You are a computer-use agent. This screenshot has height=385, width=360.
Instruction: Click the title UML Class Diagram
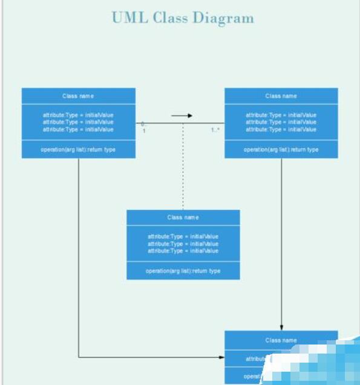(x=183, y=18)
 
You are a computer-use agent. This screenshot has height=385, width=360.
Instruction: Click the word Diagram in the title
(x=223, y=18)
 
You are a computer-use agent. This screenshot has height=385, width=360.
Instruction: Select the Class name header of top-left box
(x=78, y=96)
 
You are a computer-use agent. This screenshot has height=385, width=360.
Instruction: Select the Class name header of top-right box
(x=281, y=96)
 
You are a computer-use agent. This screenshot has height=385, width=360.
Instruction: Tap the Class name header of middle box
(x=183, y=218)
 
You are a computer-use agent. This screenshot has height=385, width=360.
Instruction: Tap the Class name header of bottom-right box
(x=281, y=340)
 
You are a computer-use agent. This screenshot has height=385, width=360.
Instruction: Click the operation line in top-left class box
(x=78, y=149)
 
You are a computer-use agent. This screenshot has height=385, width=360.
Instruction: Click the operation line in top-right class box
(x=281, y=149)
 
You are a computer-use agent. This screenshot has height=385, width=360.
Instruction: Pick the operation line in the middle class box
(x=183, y=271)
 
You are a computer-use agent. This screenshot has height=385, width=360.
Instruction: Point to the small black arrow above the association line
(x=182, y=115)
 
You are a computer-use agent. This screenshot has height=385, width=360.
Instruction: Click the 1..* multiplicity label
(x=215, y=130)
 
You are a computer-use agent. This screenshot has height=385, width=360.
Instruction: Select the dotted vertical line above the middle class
(x=183, y=169)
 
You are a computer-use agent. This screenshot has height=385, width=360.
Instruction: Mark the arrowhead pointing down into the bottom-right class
(x=281, y=327)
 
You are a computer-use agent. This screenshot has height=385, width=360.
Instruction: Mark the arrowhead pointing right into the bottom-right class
(x=221, y=357)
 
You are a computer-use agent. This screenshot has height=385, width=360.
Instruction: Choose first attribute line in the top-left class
(x=78, y=115)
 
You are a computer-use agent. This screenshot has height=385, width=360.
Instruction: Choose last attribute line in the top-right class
(x=281, y=129)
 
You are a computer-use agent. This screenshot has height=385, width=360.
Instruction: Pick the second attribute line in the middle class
(x=183, y=244)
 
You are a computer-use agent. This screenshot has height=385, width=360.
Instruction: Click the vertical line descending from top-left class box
(x=79, y=254)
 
